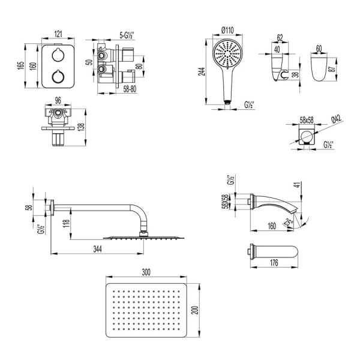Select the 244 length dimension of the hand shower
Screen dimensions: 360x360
click(x=202, y=71)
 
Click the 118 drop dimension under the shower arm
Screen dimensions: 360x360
click(x=65, y=226)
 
